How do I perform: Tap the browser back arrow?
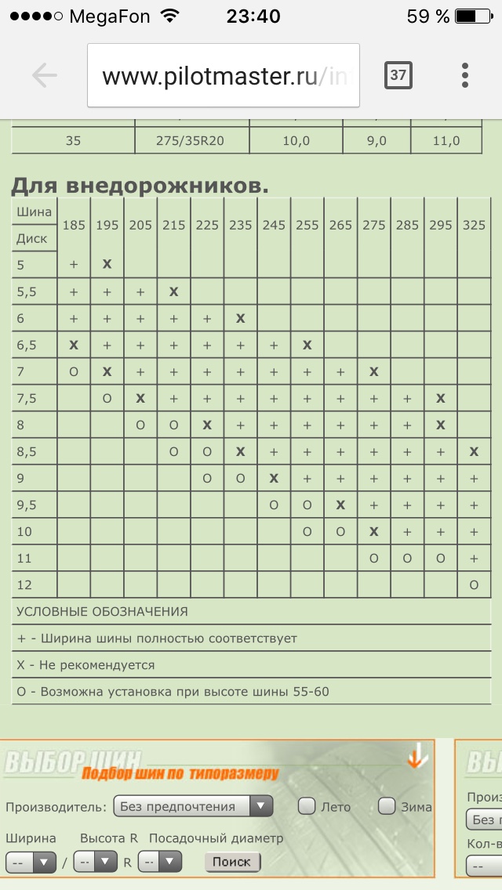pyautogui.click(x=45, y=75)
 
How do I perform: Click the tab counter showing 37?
pyautogui.click(x=398, y=75)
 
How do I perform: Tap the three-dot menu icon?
pyautogui.click(x=465, y=75)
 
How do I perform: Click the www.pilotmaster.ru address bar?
pyautogui.click(x=223, y=76)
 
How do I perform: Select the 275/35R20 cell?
pyautogui.click(x=192, y=141)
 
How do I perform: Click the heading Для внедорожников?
pyautogui.click(x=140, y=186)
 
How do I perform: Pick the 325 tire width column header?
pyautogui.click(x=474, y=225)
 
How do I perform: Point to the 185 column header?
pyautogui.click(x=74, y=225)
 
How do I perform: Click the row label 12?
pyautogui.click(x=26, y=585)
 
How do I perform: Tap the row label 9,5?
pyautogui.click(x=28, y=505)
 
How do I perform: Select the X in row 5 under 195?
pyautogui.click(x=107, y=265)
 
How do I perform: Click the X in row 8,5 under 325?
pyautogui.click(x=474, y=452)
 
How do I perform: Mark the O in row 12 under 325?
pyautogui.click(x=474, y=585)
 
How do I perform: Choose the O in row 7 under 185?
pyautogui.click(x=74, y=372)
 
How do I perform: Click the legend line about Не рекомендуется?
pyautogui.click(x=86, y=665)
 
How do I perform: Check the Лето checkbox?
pyautogui.click(x=307, y=805)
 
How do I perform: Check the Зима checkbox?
pyautogui.click(x=387, y=805)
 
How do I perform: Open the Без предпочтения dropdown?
pyautogui.click(x=193, y=806)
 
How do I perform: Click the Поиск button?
pyautogui.click(x=232, y=862)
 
